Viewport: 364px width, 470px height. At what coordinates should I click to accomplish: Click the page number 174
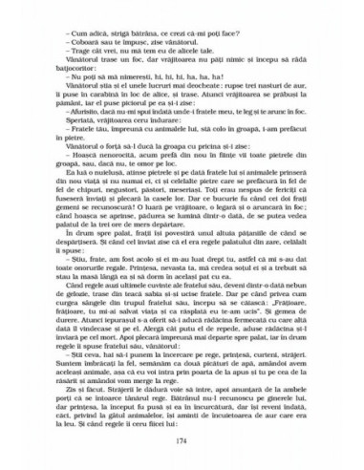(182, 440)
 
